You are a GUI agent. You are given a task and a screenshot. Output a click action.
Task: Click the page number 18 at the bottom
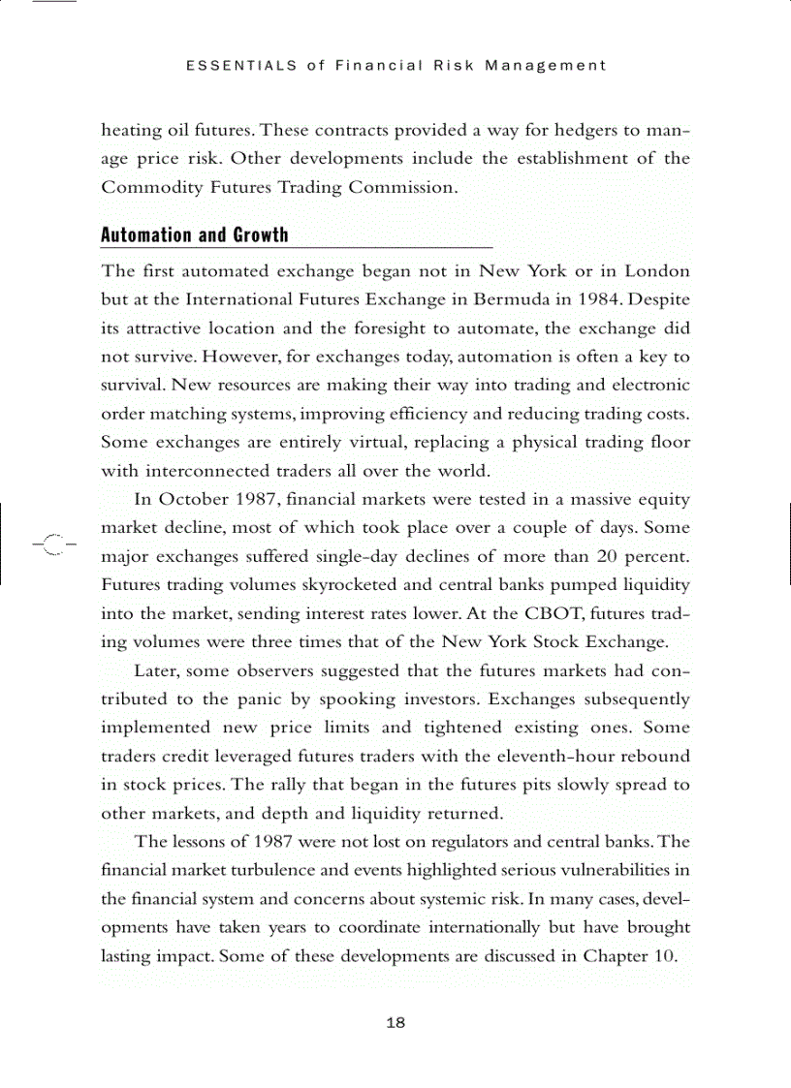click(395, 1023)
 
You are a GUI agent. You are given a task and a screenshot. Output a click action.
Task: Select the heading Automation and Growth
click(195, 235)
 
